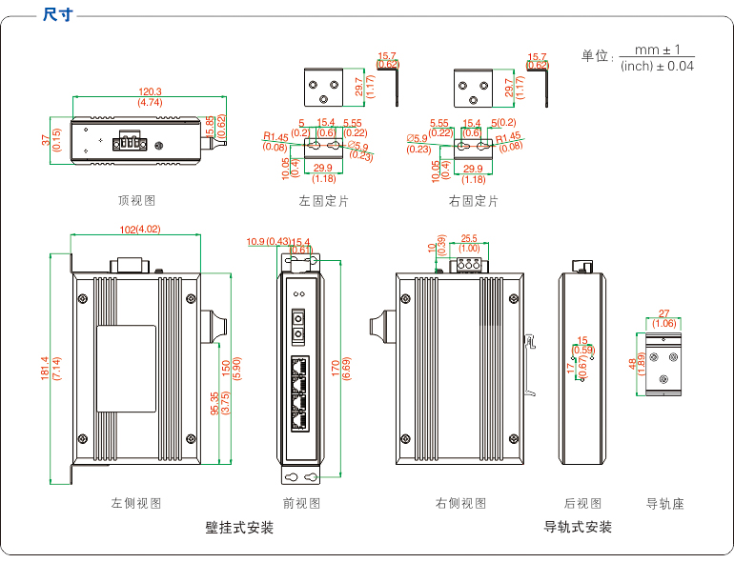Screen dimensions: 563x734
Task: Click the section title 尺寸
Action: pos(59,16)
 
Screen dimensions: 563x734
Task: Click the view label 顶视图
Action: pos(136,201)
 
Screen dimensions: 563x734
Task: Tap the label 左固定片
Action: pos(323,201)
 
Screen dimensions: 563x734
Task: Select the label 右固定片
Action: pos(473,201)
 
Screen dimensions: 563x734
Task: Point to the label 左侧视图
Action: pos(136,503)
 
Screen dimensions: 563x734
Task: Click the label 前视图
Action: pos(302,503)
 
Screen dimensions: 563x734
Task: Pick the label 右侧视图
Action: pos(460,503)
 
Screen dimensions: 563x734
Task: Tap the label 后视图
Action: pos(582,503)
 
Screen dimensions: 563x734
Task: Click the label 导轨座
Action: pos(665,503)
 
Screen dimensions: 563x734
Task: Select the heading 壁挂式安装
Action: pos(239,527)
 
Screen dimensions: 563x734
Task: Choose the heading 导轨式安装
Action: pos(578,527)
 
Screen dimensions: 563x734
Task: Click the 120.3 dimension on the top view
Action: pos(150,91)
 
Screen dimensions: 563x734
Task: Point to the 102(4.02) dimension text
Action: pos(140,229)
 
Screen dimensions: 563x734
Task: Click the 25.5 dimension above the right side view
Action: pos(469,238)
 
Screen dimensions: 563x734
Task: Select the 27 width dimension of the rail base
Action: pos(664,313)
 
